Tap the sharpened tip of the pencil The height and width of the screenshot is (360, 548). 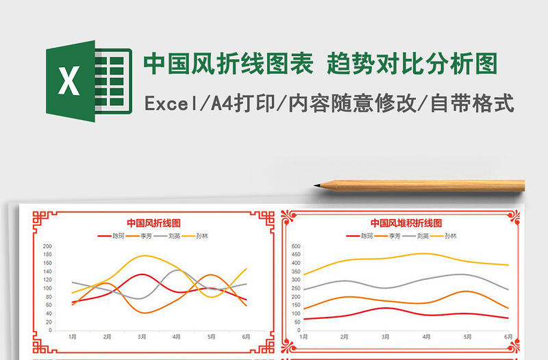click(317, 185)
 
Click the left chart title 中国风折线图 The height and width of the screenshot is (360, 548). click(153, 222)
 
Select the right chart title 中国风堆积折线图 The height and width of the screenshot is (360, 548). click(406, 222)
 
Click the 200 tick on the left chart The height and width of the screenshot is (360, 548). click(47, 246)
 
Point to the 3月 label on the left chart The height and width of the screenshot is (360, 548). click(142, 337)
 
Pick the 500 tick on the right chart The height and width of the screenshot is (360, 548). click(296, 246)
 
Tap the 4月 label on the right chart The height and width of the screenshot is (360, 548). click(427, 337)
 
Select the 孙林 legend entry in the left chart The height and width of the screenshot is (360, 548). click(201, 236)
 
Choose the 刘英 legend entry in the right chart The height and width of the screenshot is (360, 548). click(422, 236)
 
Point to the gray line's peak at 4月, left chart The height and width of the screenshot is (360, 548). click(177, 270)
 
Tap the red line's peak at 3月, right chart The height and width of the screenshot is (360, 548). click(386, 308)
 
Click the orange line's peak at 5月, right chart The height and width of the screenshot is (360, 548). click(466, 291)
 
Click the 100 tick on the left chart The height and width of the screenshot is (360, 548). click(47, 288)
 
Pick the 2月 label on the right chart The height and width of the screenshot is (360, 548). click(345, 337)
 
